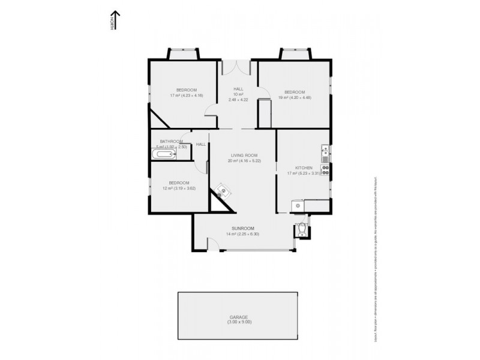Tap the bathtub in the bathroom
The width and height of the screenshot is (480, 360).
coord(163,155)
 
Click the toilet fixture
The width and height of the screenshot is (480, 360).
coord(301,229)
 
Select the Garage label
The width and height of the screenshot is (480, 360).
coord(238,317)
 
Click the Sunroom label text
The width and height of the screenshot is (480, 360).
coord(244,229)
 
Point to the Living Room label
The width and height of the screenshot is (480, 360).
coord(244,155)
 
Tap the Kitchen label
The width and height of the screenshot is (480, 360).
coord(302,168)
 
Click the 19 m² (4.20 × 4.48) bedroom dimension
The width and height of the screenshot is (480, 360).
coord(296,97)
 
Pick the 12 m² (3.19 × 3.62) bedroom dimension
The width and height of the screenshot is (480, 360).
coord(179,188)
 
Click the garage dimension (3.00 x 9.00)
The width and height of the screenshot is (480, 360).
coord(238,322)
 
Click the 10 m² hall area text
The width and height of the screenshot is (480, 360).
coord(238,94)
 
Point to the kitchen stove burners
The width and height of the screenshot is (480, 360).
coord(325,170)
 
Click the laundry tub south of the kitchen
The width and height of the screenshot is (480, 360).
coord(296,206)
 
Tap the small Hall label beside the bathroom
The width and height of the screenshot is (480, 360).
coord(200,144)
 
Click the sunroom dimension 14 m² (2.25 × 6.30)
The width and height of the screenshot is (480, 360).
coord(244,234)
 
